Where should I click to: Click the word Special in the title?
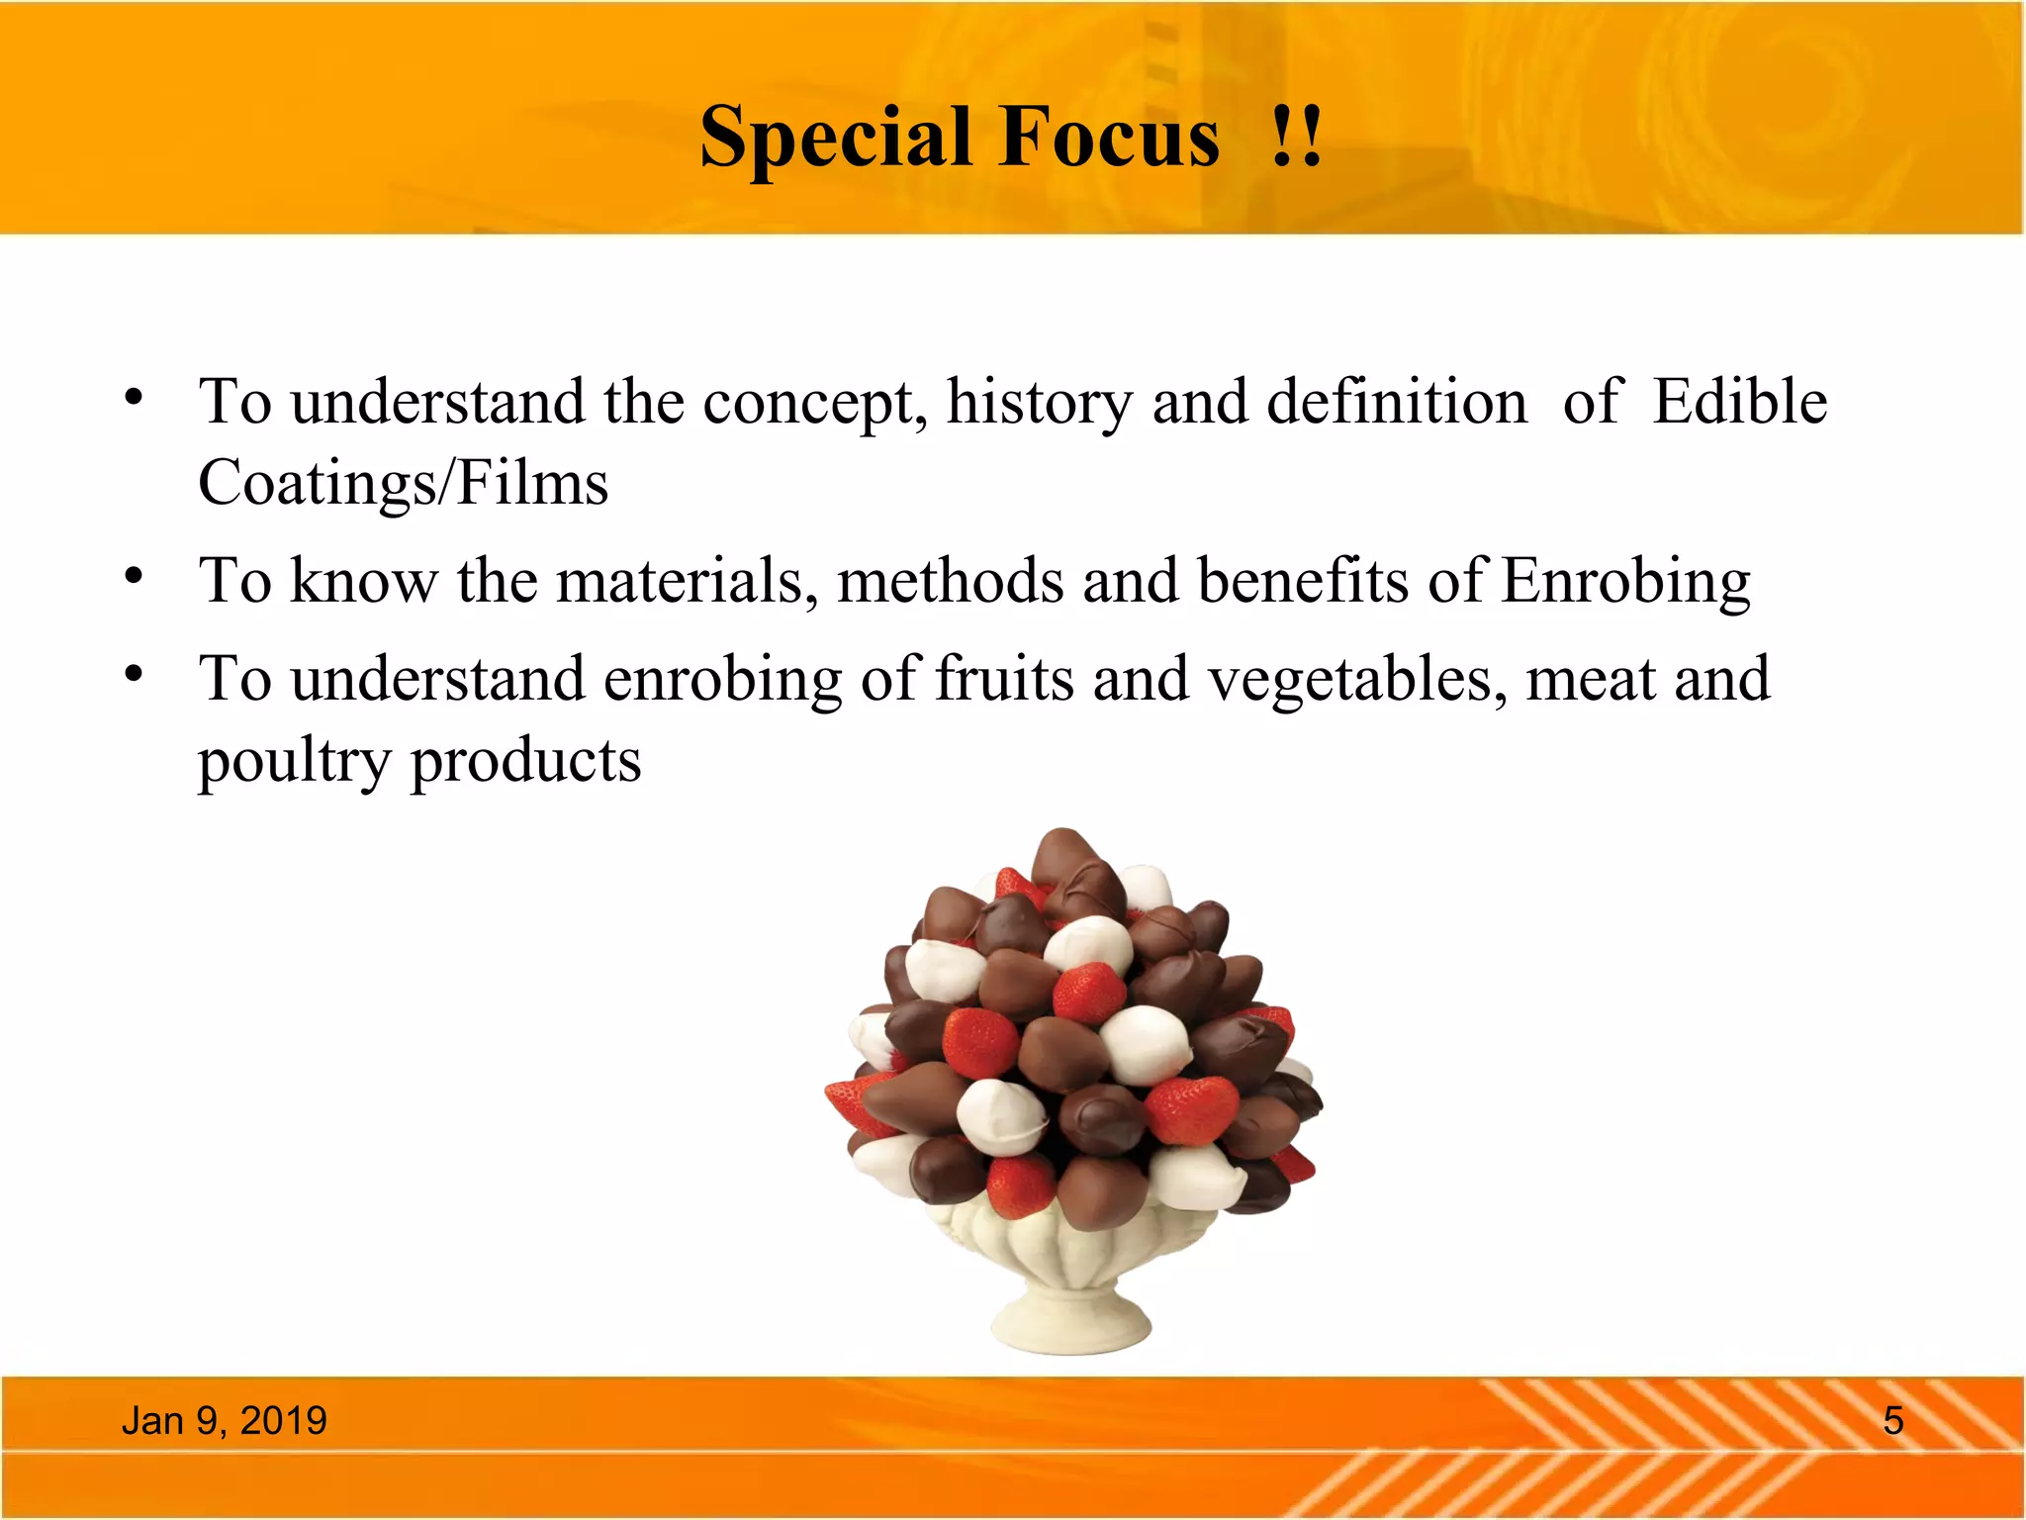click(x=834, y=139)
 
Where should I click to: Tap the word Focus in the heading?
click(x=1109, y=137)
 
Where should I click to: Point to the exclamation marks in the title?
click(x=1296, y=137)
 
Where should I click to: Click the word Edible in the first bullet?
click(x=1739, y=403)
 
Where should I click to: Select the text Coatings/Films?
click(x=403, y=484)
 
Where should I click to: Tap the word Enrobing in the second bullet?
click(x=1625, y=583)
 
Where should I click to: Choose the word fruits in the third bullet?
click(x=1004, y=680)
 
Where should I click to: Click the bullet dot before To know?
click(x=135, y=575)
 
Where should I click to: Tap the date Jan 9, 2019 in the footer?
click(x=224, y=1421)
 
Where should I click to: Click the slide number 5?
click(x=1892, y=1421)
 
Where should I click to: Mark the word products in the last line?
click(x=525, y=763)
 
